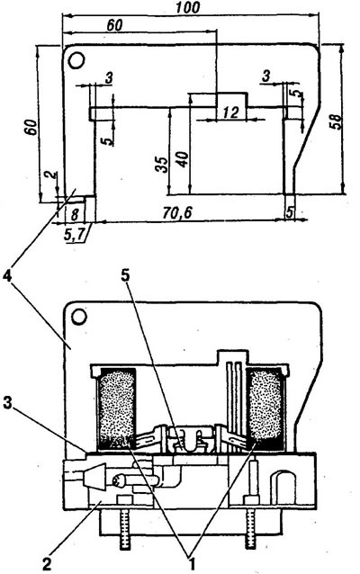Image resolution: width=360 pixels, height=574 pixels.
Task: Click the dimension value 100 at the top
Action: (187, 7)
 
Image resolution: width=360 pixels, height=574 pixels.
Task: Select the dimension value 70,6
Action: (177, 213)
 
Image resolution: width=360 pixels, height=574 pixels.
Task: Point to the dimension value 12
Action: (230, 112)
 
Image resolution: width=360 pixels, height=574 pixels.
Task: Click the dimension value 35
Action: (161, 165)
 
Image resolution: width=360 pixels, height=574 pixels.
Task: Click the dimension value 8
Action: (75, 215)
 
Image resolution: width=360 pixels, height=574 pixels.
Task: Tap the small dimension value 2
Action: (49, 175)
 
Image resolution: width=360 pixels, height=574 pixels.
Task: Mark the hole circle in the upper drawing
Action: (76, 60)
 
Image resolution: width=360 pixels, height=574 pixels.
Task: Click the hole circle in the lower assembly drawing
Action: (78, 317)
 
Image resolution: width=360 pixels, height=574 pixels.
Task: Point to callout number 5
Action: (126, 276)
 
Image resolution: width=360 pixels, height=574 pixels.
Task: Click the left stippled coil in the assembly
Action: (116, 408)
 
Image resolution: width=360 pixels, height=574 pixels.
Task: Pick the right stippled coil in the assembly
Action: (265, 408)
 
